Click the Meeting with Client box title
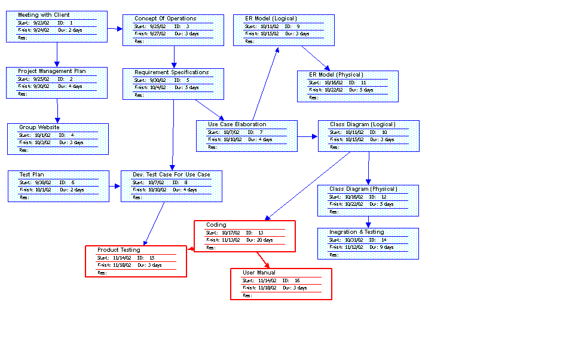[44, 15]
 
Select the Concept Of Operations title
[165, 19]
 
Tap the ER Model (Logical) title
[271, 19]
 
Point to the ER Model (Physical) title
[336, 75]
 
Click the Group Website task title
[39, 127]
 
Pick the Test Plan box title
[32, 175]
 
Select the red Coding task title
[216, 225]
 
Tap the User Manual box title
[259, 273]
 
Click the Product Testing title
[119, 250]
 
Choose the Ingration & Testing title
[357, 232]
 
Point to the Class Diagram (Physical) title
[363, 189]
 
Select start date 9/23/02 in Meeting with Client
[42, 23]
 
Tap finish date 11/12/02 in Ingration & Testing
[353, 247]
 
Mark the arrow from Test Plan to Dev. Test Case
[115, 185]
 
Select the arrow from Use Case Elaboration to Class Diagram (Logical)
[307, 136]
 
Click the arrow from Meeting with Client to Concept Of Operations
[115, 28]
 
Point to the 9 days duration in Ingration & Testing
[382, 247]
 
